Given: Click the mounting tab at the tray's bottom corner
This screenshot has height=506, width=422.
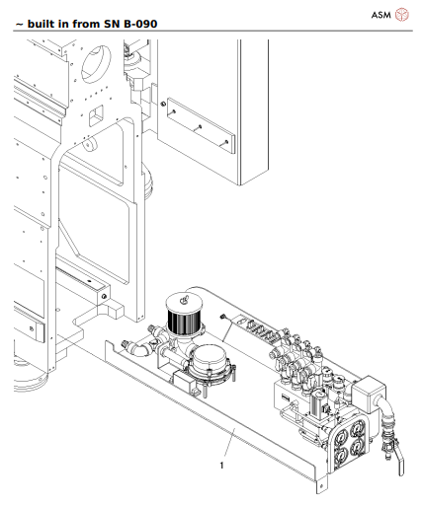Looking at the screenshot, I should (x=318, y=486).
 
